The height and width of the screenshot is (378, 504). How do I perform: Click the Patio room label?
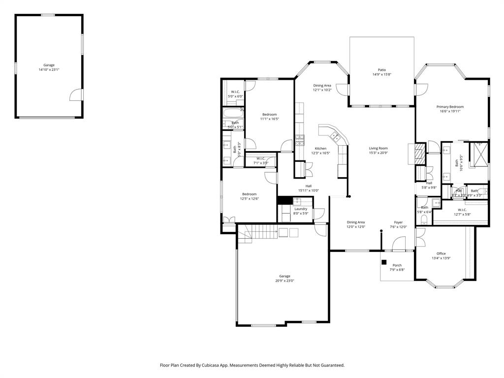click(381, 70)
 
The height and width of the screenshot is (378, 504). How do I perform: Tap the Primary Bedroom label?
click(450, 107)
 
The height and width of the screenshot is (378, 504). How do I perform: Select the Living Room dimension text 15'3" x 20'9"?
click(378, 153)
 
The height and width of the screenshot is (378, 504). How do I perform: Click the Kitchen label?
click(320, 149)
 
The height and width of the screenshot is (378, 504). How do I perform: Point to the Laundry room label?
click(301, 209)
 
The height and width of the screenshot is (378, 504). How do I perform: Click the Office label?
click(441, 253)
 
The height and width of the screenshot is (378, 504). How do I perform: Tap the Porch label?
click(397, 265)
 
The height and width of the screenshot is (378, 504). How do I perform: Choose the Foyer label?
click(398, 222)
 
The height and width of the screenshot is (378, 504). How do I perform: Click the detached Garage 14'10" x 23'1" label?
click(49, 65)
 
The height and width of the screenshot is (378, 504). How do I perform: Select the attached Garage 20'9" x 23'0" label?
click(284, 276)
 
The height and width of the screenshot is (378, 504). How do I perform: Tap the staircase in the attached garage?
click(255, 231)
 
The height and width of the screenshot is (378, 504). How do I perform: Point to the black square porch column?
click(384, 262)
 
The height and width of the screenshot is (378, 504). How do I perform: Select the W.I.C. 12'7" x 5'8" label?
click(462, 210)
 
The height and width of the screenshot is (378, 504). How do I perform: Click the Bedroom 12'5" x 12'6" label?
click(249, 194)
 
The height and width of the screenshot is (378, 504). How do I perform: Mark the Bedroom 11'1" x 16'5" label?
click(269, 115)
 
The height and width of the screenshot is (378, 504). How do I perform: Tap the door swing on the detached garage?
click(76, 94)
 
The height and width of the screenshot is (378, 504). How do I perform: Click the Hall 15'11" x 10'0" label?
click(309, 186)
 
